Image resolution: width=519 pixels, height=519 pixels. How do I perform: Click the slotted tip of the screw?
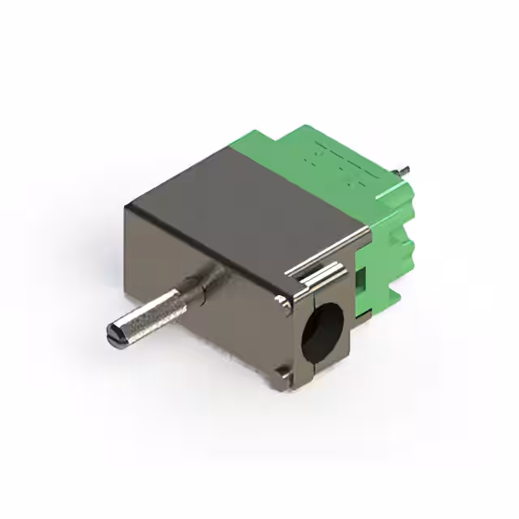[115, 332]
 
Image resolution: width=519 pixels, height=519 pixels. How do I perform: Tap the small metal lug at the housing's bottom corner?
[282, 372]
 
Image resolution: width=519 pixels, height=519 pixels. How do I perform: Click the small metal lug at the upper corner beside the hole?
[281, 302]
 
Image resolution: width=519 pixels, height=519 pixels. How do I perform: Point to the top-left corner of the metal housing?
[127, 207]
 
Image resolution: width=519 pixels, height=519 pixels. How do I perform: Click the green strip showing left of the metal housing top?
[251, 150]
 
